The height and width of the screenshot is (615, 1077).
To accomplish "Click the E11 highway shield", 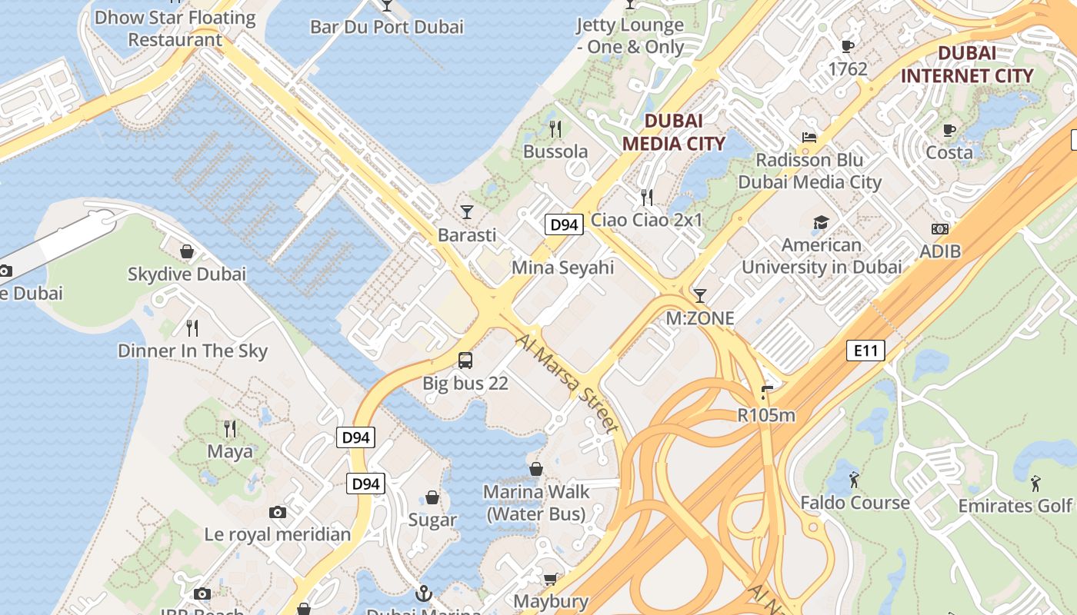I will click(x=865, y=351).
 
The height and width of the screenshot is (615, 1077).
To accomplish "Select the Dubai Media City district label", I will click(x=673, y=132).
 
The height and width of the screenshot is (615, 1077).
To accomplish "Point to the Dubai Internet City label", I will click(x=967, y=65).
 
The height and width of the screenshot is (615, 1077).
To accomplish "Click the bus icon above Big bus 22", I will click(x=465, y=360).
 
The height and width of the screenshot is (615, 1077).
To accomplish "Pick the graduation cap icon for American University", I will click(x=821, y=223).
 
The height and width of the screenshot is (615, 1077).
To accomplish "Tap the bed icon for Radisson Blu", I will click(x=809, y=138).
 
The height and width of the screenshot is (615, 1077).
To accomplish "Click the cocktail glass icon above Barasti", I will click(x=467, y=211).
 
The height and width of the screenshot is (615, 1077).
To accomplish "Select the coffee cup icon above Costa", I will click(x=949, y=130).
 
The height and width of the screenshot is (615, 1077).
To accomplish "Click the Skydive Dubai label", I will click(x=187, y=274).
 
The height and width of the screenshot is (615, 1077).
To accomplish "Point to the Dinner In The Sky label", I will click(x=192, y=351).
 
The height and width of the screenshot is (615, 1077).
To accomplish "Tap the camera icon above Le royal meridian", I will click(x=278, y=512).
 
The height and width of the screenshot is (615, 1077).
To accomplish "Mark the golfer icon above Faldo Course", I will click(x=854, y=480).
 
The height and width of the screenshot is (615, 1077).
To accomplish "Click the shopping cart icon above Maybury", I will click(x=550, y=579).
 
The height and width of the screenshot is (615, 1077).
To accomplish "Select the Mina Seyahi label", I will click(x=563, y=268).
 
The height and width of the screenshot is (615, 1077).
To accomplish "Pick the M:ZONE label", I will click(x=699, y=318).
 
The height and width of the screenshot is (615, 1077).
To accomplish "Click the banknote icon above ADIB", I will click(x=939, y=229).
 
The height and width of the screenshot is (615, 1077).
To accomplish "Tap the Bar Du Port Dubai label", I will click(x=386, y=27).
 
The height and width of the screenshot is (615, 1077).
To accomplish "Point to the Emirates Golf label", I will click(x=1015, y=506).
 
